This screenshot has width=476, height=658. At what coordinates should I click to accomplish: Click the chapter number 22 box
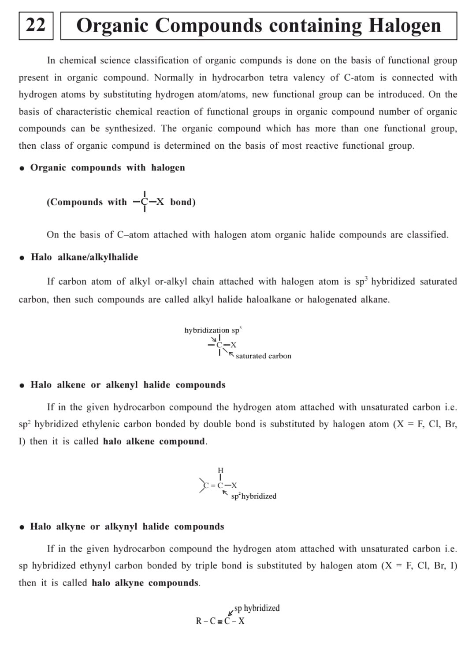point(36,26)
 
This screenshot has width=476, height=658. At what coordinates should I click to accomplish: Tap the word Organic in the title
point(112,26)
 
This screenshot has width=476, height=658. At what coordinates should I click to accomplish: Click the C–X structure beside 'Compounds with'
point(148,202)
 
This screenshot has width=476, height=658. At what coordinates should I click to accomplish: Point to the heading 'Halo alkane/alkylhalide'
point(84,257)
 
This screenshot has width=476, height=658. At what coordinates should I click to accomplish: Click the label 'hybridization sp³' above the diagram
point(212,330)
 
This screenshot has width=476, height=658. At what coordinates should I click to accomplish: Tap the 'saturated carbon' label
point(263,356)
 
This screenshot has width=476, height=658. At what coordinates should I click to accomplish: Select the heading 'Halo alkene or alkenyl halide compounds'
point(128,385)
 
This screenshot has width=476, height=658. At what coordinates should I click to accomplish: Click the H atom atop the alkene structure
point(220,470)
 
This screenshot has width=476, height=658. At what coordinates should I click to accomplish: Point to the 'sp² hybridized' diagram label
point(254,496)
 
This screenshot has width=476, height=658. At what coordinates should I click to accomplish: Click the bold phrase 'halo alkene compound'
point(154,441)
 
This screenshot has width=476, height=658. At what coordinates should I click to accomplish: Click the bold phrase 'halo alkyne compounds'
point(145,583)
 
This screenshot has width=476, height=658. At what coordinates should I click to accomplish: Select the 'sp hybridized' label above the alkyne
point(257,608)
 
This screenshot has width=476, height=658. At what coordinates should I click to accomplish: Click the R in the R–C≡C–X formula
point(199,621)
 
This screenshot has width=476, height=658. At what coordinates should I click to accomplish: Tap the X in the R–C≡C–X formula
point(241,621)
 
